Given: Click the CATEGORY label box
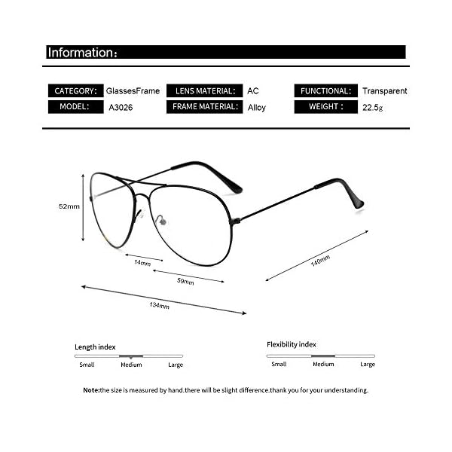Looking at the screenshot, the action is click(75, 91).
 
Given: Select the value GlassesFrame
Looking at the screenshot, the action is click(133, 91).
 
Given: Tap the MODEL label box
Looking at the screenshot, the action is click(75, 107).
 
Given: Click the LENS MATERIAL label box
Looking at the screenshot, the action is click(204, 91).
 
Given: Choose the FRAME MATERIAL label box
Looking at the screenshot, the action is click(204, 107).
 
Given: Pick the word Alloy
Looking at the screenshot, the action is click(257, 108).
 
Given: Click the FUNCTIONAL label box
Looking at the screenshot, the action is click(325, 91).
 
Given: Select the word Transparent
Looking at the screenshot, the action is click(384, 91).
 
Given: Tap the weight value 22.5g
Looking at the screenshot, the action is click(372, 107).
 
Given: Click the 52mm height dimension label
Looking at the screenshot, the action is click(69, 206).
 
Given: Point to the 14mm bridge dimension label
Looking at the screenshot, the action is click(142, 263).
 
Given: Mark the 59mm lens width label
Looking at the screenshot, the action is click(185, 282).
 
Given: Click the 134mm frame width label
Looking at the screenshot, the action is click(159, 305).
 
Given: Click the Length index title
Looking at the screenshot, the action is click(95, 347).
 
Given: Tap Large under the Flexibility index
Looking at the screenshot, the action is click(367, 365).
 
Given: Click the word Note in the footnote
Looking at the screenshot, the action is click(90, 390).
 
